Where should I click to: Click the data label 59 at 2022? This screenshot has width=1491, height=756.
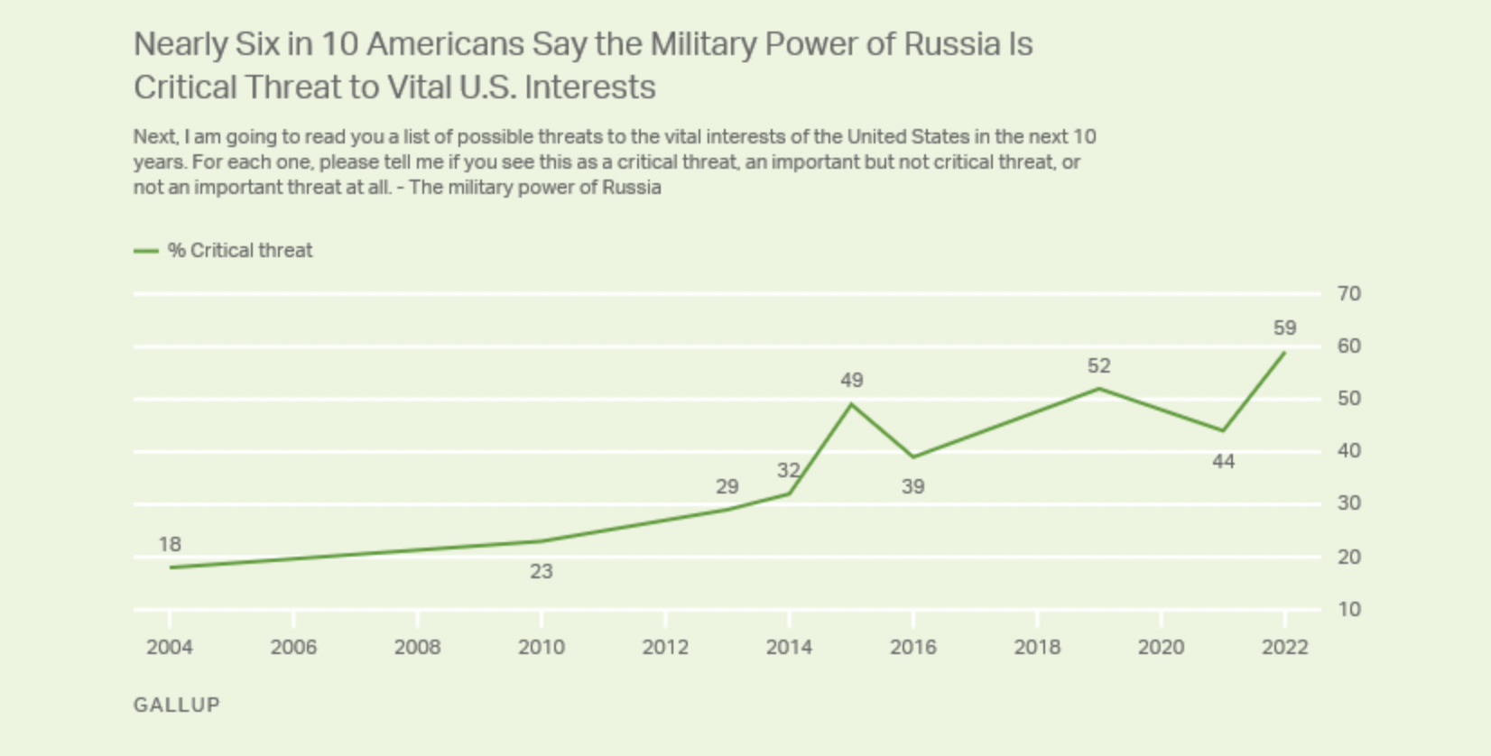click(x=1284, y=328)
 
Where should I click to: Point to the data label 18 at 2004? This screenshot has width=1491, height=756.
click(x=170, y=544)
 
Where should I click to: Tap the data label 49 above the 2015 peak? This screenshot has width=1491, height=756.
click(x=851, y=381)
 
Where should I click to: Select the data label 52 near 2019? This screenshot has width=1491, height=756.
click(x=1098, y=365)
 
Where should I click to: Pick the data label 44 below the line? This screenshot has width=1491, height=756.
click(x=1223, y=462)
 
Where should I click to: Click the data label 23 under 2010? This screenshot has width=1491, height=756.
click(x=541, y=571)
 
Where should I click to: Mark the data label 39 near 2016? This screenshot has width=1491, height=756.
click(x=912, y=487)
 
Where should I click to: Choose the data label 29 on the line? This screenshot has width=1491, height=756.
click(x=727, y=487)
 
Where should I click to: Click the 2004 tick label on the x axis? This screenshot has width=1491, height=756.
click(x=170, y=647)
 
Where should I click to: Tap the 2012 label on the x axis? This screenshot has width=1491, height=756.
click(x=665, y=647)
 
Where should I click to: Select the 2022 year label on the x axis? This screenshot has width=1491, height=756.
click(x=1284, y=647)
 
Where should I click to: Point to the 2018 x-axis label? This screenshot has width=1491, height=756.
click(x=1037, y=647)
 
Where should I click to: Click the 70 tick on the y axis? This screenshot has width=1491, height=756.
click(x=1349, y=293)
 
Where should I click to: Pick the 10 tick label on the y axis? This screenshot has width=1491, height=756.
click(x=1349, y=610)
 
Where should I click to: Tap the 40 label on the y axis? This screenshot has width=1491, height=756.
click(x=1349, y=451)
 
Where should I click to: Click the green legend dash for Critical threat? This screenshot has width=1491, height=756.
click(x=146, y=251)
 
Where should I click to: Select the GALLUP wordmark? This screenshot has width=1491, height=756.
click(x=177, y=705)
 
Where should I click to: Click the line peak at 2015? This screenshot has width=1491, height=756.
click(x=851, y=404)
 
